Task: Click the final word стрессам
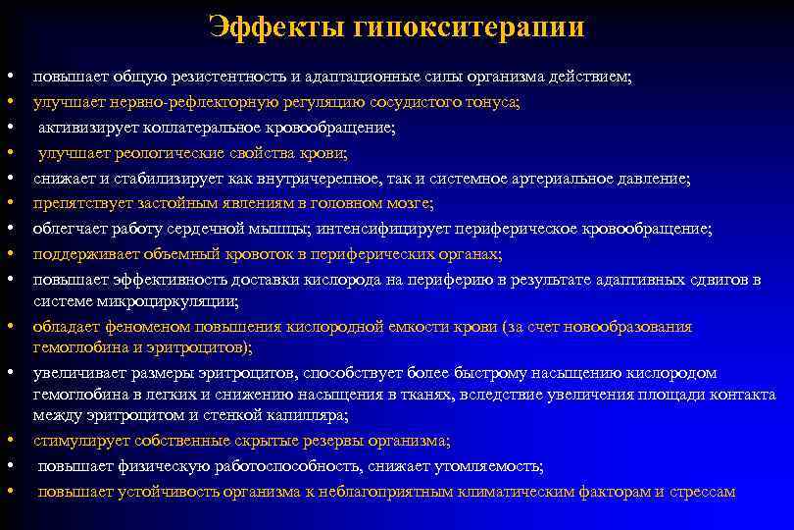[701, 492]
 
